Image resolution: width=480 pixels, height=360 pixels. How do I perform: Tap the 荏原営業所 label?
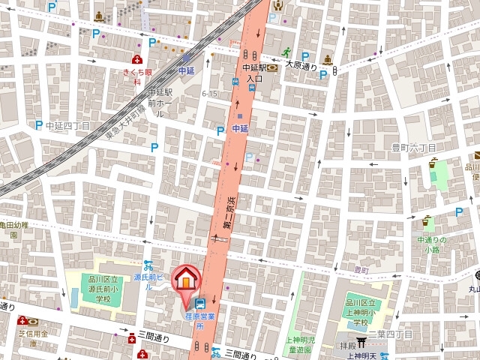[x=200, y=321]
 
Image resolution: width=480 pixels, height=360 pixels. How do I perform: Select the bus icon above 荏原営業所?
[x=200, y=304]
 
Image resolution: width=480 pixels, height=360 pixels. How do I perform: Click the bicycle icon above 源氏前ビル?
[x=148, y=265]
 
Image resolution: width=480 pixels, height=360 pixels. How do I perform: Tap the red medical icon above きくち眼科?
[x=137, y=60]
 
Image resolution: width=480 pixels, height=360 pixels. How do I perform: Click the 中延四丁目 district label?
[x=67, y=125]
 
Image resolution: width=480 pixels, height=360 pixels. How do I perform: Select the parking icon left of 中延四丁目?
[x=39, y=125]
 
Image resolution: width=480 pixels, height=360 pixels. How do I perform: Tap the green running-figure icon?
[x=286, y=51]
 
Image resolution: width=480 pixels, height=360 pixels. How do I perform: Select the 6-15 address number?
[x=209, y=93]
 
